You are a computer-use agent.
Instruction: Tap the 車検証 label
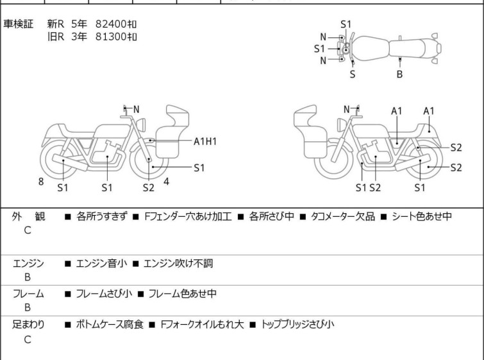tap(18, 24)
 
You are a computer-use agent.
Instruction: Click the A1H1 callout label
tap(205, 142)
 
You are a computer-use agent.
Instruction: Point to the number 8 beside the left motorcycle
tap(41, 182)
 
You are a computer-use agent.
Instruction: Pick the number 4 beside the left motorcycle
tap(167, 182)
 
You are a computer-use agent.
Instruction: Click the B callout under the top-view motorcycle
tap(399, 74)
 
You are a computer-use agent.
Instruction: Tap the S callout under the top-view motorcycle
tap(353, 74)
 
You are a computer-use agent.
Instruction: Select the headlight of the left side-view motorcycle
tap(141, 125)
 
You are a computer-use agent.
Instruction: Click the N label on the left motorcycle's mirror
tap(136, 109)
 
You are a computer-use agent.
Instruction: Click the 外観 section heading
tap(28, 216)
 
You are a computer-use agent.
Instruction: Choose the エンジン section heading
tap(28, 264)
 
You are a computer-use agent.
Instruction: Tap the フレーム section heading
tap(28, 294)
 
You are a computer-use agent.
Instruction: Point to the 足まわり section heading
tap(28, 325)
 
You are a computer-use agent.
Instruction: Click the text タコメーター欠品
tap(342, 217)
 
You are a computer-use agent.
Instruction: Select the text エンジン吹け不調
tap(178, 264)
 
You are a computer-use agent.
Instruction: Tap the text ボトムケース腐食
tap(110, 325)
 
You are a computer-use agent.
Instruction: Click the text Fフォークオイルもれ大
tap(202, 325)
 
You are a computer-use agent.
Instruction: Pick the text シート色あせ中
tap(422, 216)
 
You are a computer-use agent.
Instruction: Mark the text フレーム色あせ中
tap(183, 294)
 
